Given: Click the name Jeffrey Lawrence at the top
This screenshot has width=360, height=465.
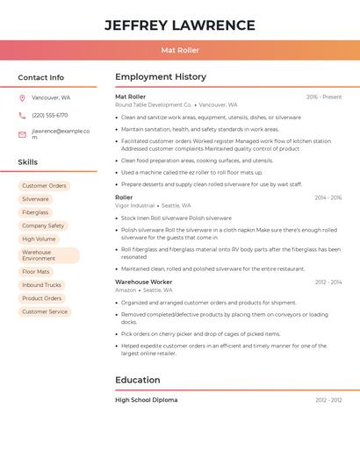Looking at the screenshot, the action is click(x=180, y=25).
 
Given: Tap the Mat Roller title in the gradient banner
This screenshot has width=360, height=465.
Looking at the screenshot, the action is click(x=180, y=50).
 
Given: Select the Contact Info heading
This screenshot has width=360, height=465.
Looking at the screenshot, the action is click(x=41, y=77).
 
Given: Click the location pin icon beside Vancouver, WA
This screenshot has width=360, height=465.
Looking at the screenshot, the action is click(x=22, y=97).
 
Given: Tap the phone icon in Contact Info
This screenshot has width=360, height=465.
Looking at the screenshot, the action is click(x=22, y=115).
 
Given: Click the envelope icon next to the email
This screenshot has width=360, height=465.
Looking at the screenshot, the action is click(x=22, y=134).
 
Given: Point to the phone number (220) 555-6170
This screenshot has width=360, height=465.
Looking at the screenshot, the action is click(x=49, y=115).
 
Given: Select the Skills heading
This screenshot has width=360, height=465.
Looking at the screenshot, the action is click(x=28, y=162).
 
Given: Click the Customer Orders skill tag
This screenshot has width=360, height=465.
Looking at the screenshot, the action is click(x=44, y=186).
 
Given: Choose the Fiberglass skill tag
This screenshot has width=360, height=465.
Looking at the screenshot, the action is click(x=35, y=212).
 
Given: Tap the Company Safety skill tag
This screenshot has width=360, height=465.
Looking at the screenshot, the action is click(x=43, y=225).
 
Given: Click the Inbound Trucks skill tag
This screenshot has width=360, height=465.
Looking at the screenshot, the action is click(x=41, y=285).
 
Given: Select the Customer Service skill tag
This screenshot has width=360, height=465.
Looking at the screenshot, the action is click(x=45, y=311).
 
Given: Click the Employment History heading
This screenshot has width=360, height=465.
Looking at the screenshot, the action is click(x=161, y=77).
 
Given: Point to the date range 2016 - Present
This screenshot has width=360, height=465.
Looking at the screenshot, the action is click(x=324, y=97).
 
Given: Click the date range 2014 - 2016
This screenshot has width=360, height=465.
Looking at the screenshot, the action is click(x=328, y=197).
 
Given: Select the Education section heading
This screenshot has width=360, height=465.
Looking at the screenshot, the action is click(x=138, y=380).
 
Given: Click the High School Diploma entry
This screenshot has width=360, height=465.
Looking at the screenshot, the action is click(x=146, y=400).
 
